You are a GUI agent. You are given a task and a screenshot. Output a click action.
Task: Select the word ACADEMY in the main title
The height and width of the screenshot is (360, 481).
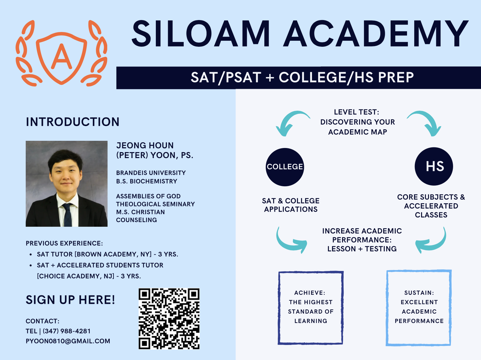[x=376, y=34]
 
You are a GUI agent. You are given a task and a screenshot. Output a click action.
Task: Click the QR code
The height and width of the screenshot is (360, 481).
[x=169, y=319]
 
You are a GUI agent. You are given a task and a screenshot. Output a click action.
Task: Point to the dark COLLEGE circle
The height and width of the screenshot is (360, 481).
[x=285, y=167]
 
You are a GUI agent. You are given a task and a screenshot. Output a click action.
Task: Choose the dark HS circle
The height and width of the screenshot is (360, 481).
[x=434, y=166]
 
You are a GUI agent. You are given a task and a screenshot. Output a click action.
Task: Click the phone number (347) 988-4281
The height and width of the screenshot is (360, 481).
[x=66, y=331]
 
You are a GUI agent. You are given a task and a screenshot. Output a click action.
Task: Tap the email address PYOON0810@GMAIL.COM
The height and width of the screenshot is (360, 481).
[x=68, y=341]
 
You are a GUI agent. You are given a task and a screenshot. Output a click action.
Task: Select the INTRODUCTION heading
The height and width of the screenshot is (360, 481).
[x=73, y=122]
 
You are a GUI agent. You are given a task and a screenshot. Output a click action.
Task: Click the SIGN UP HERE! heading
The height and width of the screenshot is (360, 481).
[x=70, y=299]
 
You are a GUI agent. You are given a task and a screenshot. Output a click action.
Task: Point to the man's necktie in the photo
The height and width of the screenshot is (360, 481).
[x=67, y=214]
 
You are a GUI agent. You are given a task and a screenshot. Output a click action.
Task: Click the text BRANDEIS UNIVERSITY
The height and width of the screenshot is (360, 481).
[x=151, y=173]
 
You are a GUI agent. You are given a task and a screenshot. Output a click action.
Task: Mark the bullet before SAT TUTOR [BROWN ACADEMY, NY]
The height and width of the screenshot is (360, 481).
[x=31, y=254]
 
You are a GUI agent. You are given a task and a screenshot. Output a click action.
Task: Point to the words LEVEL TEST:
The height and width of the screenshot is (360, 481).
[x=357, y=112]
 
